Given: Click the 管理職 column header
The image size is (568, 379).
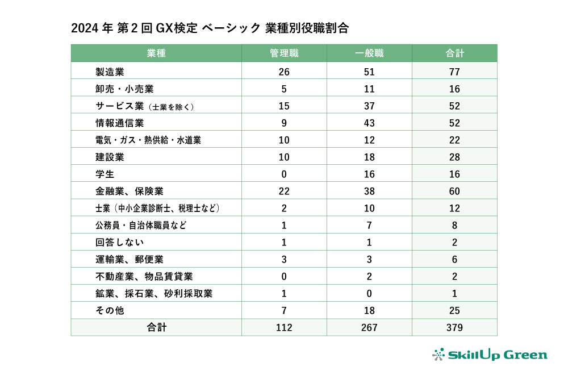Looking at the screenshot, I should point(284,53).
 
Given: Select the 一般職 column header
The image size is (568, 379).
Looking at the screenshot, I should point(369,53).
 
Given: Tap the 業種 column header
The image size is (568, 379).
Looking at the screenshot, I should point(156,53).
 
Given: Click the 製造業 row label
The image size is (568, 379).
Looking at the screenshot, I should point(110,72).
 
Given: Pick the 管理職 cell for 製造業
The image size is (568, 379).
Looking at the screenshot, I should point(284,72).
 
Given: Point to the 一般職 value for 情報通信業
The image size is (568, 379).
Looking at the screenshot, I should point(369,123).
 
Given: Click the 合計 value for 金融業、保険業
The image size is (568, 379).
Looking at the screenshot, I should point(454,191).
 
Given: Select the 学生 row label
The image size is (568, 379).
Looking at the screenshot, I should point(105,174).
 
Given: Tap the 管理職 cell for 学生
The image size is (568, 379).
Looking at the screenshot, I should point(284,174).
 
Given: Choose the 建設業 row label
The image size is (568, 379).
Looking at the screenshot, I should point(110,157).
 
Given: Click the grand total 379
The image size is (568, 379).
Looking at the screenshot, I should point(454,328).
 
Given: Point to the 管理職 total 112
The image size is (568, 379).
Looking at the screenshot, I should point(284,328).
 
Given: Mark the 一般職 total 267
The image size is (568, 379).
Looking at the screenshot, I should point(369,328).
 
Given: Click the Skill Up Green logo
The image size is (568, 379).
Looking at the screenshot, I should point(490,355).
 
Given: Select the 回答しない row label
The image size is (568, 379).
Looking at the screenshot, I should point(119,243).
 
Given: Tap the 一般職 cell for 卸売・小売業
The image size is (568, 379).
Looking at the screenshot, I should point(369,89).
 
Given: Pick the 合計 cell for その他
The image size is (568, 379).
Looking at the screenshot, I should point(454,311).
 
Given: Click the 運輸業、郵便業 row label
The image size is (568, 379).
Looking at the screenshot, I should point(130,260).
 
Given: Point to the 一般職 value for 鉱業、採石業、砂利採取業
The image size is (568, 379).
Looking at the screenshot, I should point(369,294).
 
